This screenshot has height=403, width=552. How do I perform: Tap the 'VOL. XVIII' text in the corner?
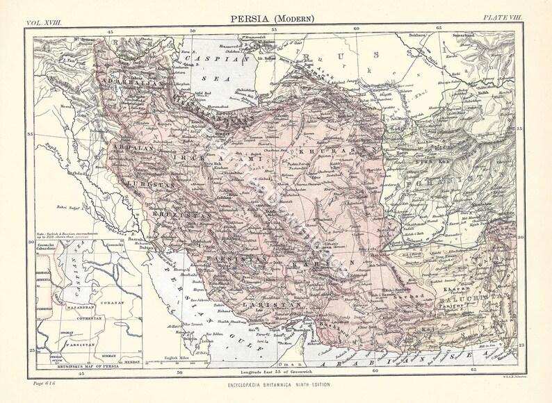pyautogui.click(x=44, y=23)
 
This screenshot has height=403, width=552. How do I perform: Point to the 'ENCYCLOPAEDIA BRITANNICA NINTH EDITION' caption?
pyautogui.click(x=276, y=384)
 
